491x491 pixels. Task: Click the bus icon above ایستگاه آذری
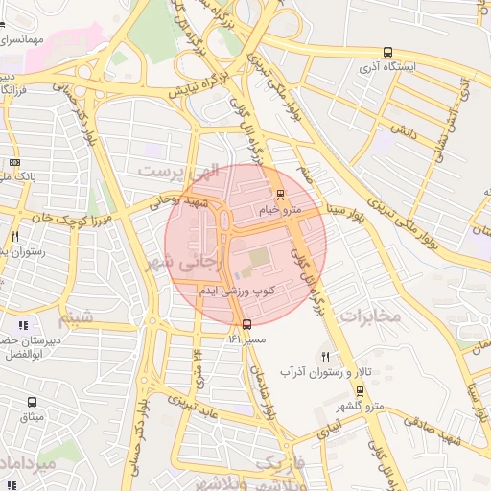387,52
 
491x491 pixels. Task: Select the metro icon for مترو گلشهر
361,391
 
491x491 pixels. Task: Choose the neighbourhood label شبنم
77,316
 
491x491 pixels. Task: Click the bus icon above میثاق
33,404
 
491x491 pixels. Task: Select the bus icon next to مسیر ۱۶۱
248,323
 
